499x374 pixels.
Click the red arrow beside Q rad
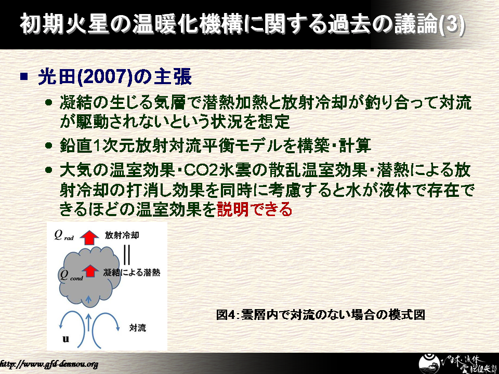click(89, 237)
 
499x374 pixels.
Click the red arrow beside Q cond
click(90, 271)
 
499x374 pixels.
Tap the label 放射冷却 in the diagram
click(122, 235)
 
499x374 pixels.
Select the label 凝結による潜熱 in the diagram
click(132, 272)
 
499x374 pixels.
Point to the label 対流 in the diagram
click(137, 328)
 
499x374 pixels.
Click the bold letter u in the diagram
click(65, 339)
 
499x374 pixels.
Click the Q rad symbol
click(63, 235)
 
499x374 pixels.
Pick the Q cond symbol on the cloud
click(71, 275)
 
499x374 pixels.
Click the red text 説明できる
click(254, 209)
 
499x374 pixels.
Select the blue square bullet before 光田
click(24, 77)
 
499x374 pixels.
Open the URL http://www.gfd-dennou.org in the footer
click(49, 364)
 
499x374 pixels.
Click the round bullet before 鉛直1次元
click(48, 145)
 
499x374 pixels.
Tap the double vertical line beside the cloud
click(127, 255)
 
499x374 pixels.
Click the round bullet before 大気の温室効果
click(48, 170)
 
